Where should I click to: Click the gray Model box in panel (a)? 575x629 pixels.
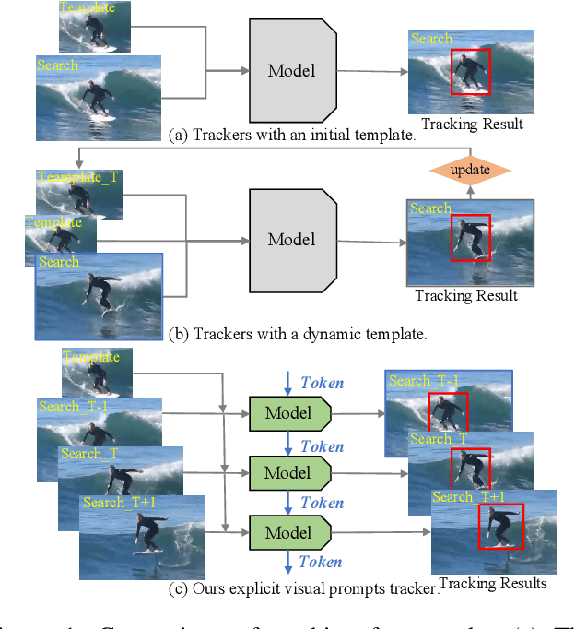click(290, 69)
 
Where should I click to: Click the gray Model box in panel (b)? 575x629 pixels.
click(290, 239)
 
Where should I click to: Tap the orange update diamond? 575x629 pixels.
click(470, 170)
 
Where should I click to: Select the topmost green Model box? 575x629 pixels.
click(288, 413)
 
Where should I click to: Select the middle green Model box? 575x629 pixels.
click(288, 472)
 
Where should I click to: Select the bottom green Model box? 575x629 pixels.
click(288, 532)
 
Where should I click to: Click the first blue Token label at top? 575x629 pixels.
click(322, 383)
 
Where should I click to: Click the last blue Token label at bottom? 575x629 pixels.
click(322, 562)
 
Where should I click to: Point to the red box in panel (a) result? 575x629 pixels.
click(471, 72)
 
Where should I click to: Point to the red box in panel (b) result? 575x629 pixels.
click(471, 238)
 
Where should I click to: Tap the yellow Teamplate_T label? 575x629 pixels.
click(78, 177)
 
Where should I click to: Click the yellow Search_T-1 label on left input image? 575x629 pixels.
click(73, 406)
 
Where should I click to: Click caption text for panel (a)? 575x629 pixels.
click(293, 135)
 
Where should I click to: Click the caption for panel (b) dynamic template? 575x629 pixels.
click(298, 334)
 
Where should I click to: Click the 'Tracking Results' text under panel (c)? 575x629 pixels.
click(493, 583)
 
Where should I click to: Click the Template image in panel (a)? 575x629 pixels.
click(94, 26)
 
